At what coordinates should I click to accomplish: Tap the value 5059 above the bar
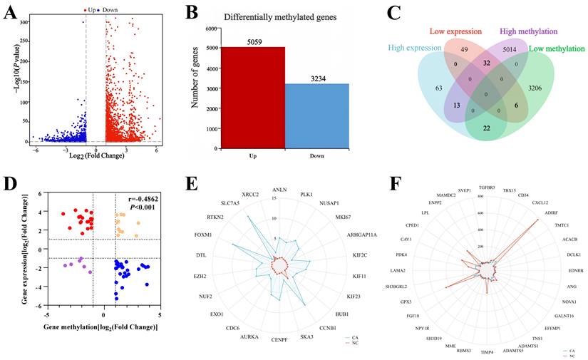[253, 41]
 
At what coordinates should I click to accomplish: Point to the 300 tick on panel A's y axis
[24, 22]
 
